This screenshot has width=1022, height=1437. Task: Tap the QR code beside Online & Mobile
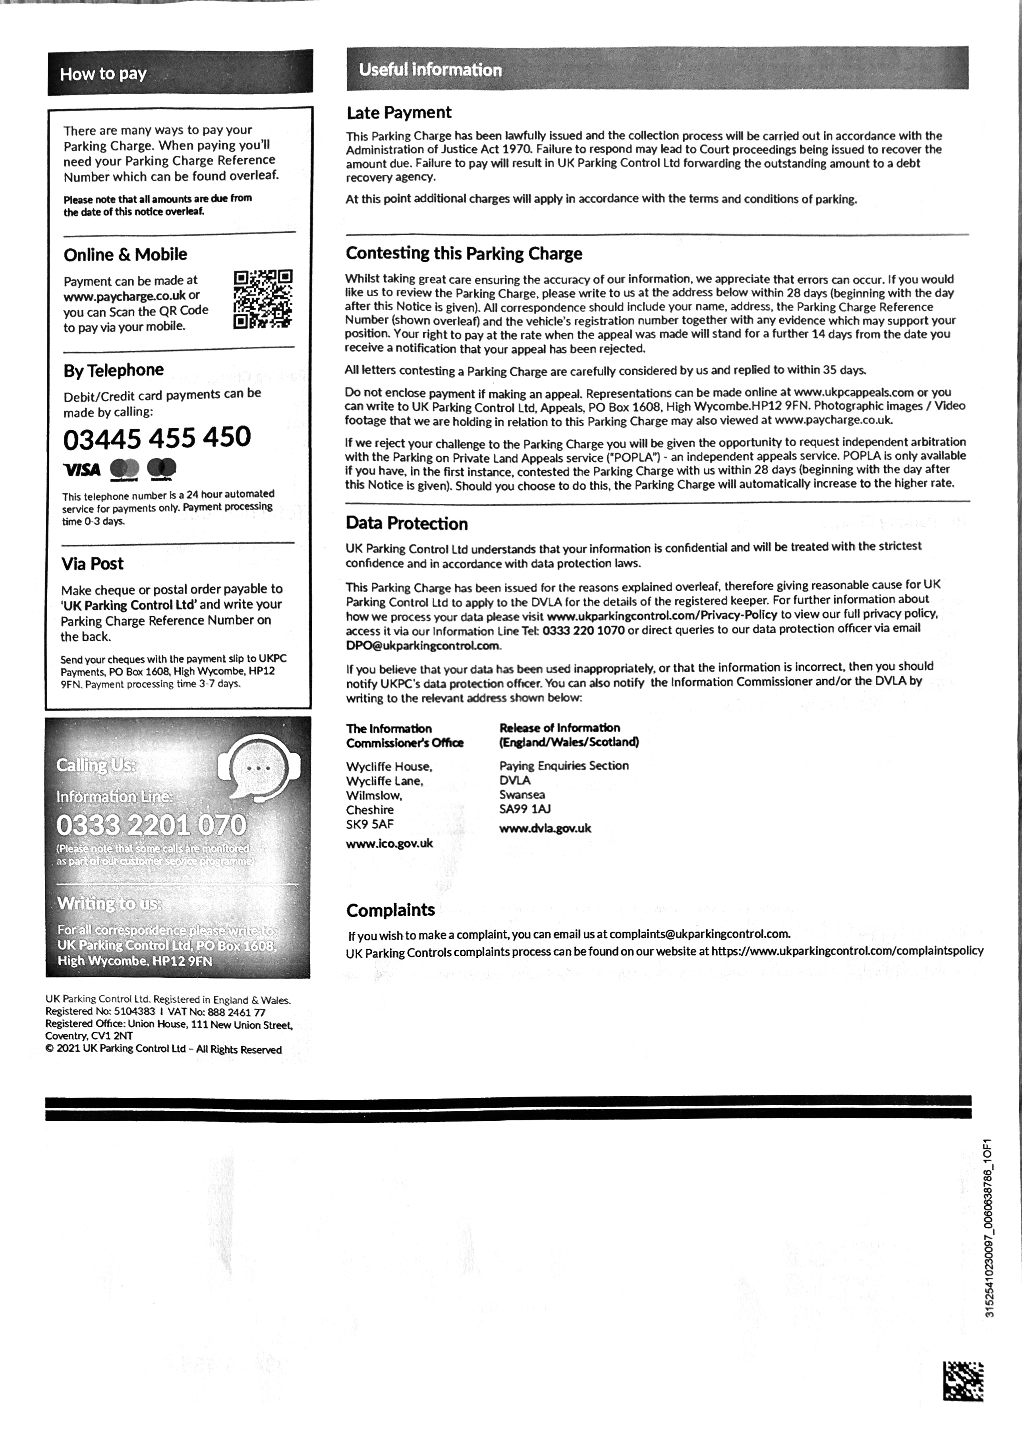[x=263, y=299]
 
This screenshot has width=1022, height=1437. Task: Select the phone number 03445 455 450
[x=157, y=437]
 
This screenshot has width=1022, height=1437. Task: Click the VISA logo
[x=82, y=470]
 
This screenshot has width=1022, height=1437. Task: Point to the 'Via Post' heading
[x=93, y=563]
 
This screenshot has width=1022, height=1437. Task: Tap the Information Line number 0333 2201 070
[x=151, y=824]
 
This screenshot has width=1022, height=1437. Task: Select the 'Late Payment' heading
[x=398, y=113]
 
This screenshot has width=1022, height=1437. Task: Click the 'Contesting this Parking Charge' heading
[x=464, y=253]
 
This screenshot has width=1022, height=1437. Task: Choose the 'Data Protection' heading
[x=406, y=524]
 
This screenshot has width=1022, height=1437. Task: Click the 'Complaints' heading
[x=390, y=910]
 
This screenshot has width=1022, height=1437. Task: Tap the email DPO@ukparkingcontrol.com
[x=423, y=645]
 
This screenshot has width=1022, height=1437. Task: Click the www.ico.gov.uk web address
[x=390, y=843]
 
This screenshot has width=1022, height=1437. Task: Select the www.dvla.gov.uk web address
[x=545, y=828]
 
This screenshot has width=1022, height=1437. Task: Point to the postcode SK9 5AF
[x=369, y=824]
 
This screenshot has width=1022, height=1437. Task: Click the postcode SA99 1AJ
[x=525, y=809]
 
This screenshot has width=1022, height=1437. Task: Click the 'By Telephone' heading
[x=113, y=370]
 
